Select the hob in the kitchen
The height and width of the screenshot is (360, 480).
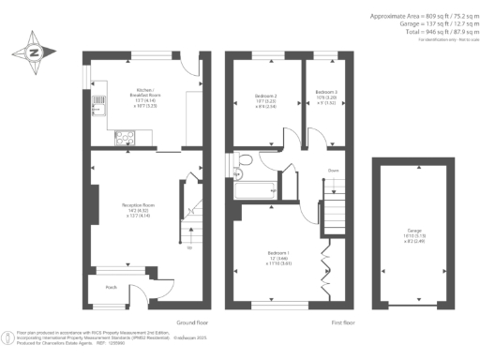click(124, 139)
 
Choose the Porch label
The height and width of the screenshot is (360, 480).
click(111, 287)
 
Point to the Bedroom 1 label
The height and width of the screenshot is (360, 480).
click(277, 260)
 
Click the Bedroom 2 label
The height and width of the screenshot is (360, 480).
click(265, 100)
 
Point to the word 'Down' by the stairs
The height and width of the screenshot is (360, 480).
click(333, 170)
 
